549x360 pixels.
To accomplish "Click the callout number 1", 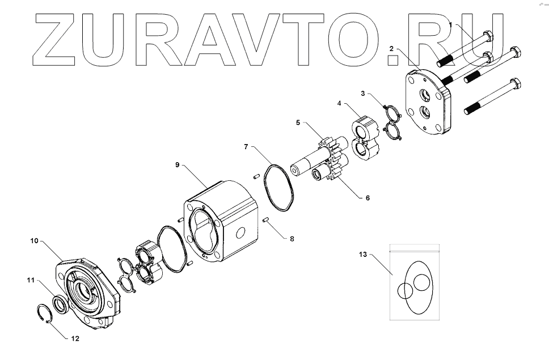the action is point(451,25).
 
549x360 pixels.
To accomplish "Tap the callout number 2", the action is point(391,50).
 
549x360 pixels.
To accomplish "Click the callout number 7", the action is point(246,147).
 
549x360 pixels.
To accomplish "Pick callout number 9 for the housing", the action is point(177,164).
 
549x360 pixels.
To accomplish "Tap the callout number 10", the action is point(34,241).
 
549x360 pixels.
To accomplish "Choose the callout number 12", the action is point(75,338).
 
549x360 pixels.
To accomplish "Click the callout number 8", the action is point(292,239).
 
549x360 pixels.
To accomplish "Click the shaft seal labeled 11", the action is point(60,304).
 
